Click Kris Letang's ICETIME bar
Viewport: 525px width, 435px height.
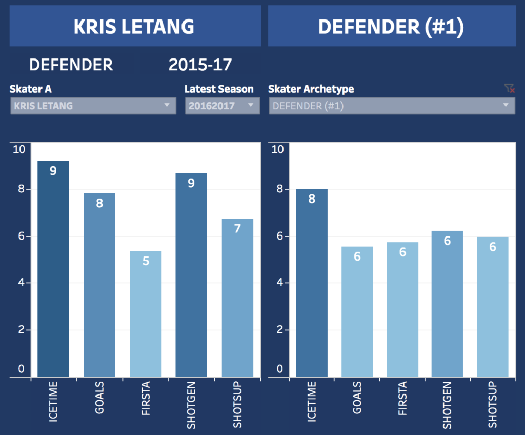pos(53,269)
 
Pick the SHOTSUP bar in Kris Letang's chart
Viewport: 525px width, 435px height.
pos(237,298)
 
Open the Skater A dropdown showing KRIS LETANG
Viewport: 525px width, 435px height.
pos(93,106)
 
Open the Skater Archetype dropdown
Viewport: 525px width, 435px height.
pos(391,106)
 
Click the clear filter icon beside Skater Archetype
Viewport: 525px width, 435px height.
pos(509,89)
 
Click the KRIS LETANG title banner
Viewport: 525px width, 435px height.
pos(134,26)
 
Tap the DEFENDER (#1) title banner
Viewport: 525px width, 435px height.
pos(392,26)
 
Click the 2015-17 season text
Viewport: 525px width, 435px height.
pos(200,65)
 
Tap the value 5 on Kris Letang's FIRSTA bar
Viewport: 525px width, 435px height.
pos(146,261)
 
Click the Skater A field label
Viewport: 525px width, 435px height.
pos(31,89)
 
